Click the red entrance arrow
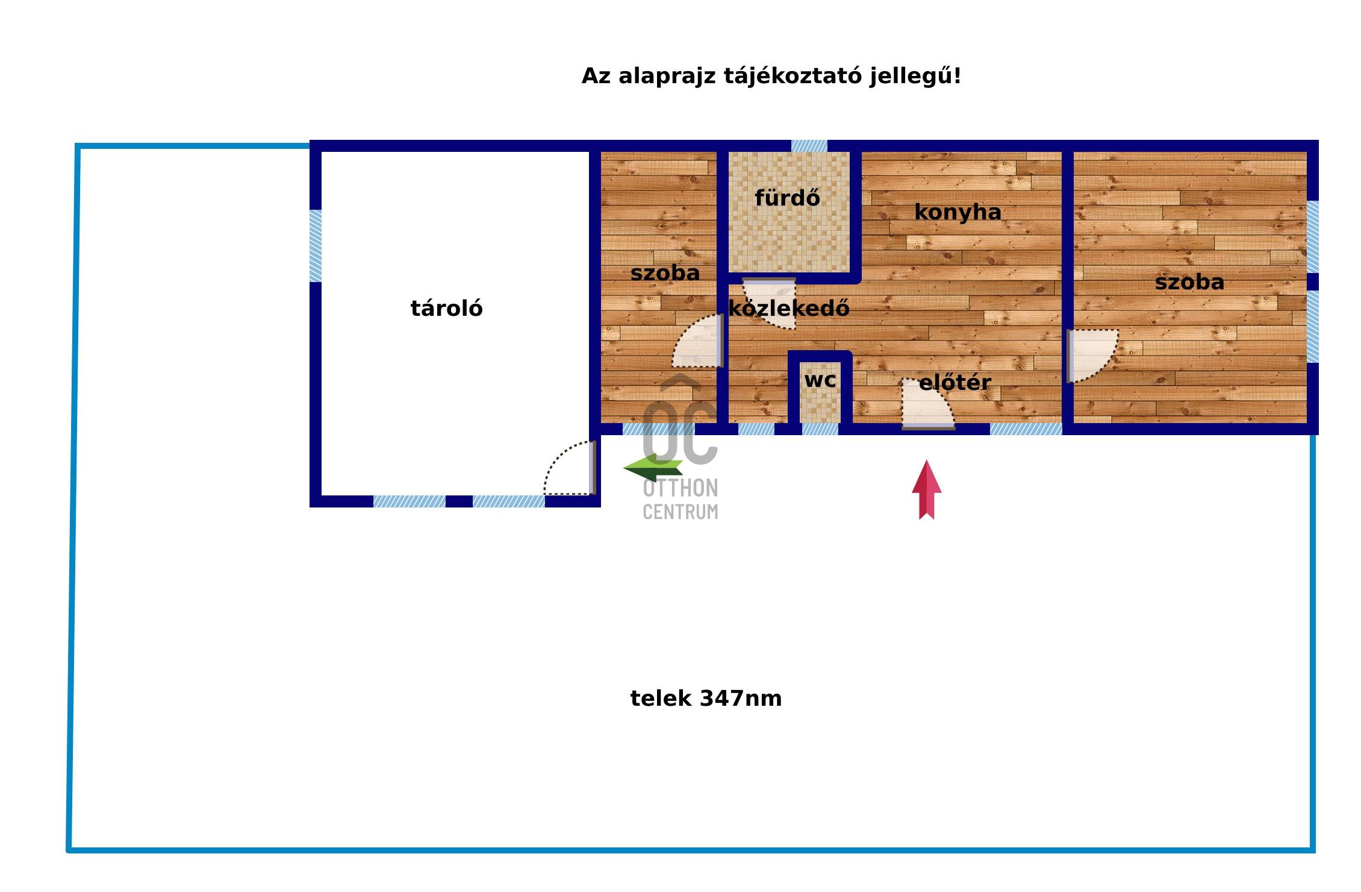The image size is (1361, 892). [926, 489]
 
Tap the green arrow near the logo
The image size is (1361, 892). [653, 468]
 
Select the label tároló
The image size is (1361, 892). [446, 309]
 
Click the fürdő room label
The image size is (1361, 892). [787, 198]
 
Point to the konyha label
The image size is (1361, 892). [958, 212]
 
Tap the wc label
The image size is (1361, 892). [820, 380]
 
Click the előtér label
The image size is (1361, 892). [955, 382]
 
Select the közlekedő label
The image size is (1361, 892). [789, 308]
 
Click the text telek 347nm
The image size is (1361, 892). [706, 699]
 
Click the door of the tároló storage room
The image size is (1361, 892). [570, 468]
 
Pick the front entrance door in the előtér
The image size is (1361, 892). [928, 404]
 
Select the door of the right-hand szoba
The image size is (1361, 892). [1092, 356]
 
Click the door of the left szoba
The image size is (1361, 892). [697, 341]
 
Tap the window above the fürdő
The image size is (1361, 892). [809, 146]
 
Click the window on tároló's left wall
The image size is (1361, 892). [316, 245]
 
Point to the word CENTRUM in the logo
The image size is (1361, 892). [680, 512]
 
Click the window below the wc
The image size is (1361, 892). [820, 429]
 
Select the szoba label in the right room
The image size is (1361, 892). [1189, 282]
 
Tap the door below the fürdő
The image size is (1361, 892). [769, 303]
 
